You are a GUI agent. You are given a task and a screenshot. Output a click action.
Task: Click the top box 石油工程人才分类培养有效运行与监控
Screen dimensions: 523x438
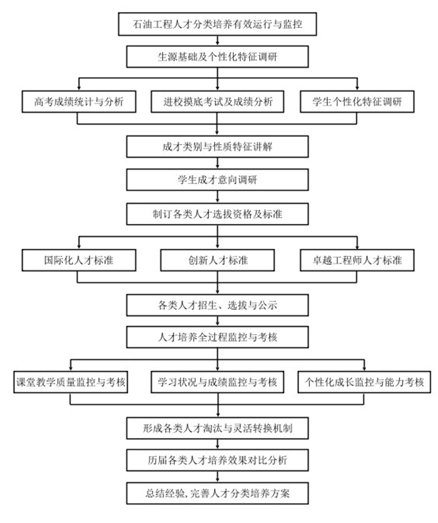tap(217, 24)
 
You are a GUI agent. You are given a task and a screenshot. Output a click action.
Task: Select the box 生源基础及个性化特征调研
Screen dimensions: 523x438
tap(217, 57)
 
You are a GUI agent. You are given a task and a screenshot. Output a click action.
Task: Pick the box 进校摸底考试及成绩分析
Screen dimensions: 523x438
tap(218, 101)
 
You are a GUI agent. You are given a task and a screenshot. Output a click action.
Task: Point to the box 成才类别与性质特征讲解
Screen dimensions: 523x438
tap(217, 148)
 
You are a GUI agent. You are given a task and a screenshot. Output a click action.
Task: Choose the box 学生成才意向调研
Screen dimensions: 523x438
tap(217, 180)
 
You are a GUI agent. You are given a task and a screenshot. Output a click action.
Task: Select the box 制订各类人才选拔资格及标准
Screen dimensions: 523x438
tap(217, 213)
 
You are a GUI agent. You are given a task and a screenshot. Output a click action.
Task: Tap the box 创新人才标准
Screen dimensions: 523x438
tap(218, 259)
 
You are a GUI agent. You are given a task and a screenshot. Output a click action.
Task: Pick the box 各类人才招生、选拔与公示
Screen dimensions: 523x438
tap(217, 305)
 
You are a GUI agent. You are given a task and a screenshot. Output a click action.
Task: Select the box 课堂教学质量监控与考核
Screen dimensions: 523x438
tap(71, 382)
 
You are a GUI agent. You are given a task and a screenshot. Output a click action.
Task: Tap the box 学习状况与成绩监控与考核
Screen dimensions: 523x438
tap(218, 382)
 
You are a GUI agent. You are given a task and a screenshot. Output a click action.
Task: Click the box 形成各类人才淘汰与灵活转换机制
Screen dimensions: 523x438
tap(217, 429)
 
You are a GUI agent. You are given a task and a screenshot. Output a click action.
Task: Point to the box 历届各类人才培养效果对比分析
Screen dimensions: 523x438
tap(217, 461)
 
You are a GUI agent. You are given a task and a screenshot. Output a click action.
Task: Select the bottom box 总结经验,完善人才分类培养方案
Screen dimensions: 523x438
tap(217, 494)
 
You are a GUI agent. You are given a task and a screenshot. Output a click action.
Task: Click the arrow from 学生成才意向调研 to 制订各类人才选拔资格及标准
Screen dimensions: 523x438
tap(217, 196)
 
